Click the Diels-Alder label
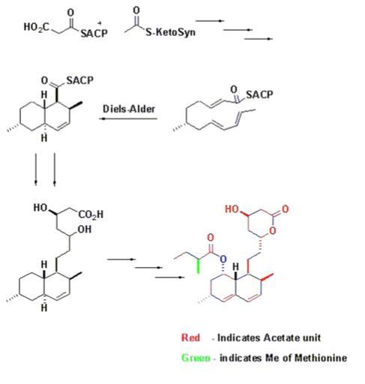pos(129,109)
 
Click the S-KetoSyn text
pos(170,32)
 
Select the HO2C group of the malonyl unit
pos(37,26)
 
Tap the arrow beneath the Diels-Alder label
pos(128,118)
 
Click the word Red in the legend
pos(190,337)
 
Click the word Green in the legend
pos(196,358)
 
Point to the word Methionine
pos(320,358)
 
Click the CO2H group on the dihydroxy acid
pos(91,214)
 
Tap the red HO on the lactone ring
pos(232,209)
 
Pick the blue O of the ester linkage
pos(223,259)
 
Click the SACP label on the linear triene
pos(259,94)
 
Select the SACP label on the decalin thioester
pos(79,80)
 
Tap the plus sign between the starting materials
pos(100,23)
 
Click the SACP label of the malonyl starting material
pos(94,33)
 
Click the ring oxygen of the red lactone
pos(273,230)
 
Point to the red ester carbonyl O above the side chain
pos(211,237)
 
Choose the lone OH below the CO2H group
pos(85,229)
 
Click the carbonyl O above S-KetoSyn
pos(136,10)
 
